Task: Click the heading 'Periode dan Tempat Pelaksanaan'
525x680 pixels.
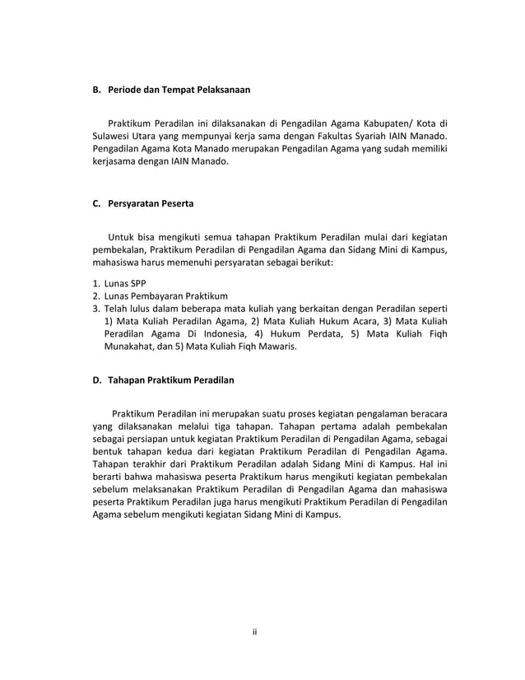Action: [178, 88]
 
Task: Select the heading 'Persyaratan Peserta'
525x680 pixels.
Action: [156, 202]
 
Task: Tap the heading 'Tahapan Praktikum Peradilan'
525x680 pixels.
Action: [172, 380]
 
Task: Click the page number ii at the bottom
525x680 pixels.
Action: [255, 631]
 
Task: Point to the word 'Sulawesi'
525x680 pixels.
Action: [113, 135]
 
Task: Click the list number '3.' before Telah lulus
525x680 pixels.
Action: [96, 309]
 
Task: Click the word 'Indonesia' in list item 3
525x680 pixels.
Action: [218, 334]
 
